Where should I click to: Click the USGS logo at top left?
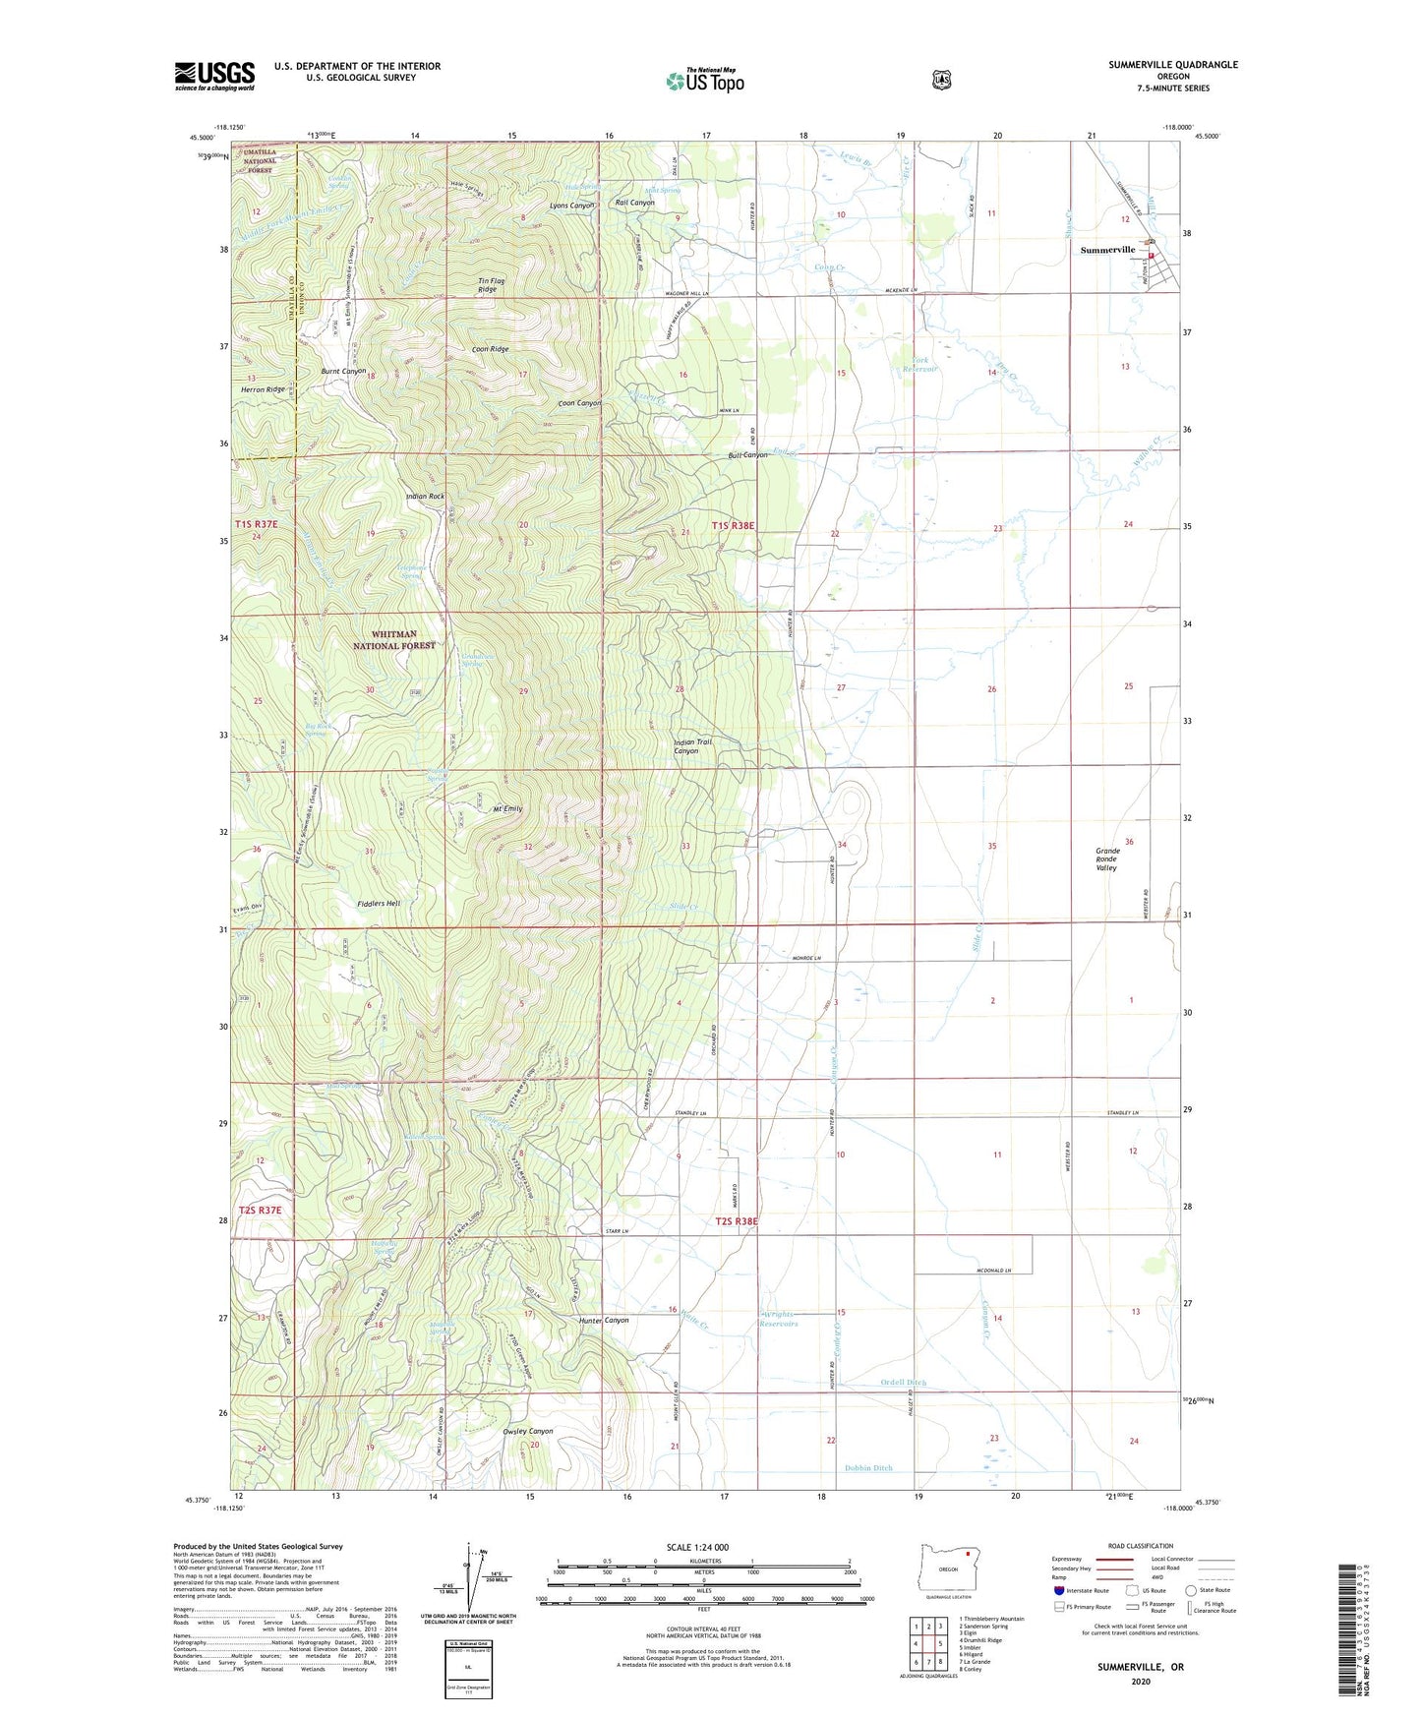tap(214, 76)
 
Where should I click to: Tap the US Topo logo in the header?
tap(705, 81)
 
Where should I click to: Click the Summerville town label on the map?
tap(1107, 250)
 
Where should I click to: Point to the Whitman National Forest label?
tap(394, 640)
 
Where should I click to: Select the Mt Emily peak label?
tap(507, 808)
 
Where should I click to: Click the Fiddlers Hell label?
tap(379, 903)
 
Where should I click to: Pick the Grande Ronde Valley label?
tap(1106, 859)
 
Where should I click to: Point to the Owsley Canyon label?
tap(527, 1431)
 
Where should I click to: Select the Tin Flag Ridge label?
tap(492, 285)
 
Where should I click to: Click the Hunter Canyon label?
tap(604, 1320)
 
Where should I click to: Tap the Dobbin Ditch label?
tap(868, 1468)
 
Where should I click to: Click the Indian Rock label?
tap(425, 497)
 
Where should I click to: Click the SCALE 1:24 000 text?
tap(697, 1547)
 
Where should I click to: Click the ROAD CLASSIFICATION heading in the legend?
tap(1142, 1546)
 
